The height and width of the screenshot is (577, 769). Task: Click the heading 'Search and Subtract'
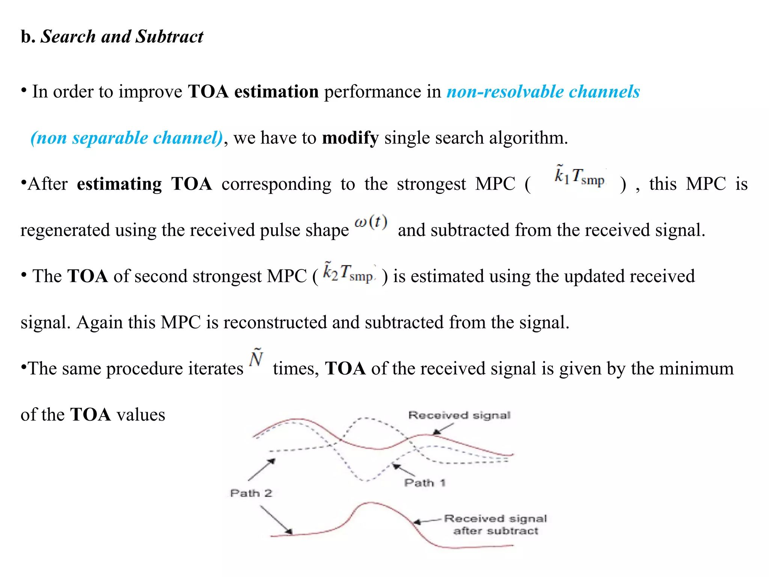pyautogui.click(x=122, y=37)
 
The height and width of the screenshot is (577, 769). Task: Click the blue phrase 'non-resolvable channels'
pyautogui.click(x=543, y=92)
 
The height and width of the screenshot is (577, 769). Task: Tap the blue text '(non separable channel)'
pyautogui.click(x=127, y=138)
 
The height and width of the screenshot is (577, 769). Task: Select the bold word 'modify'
pyautogui.click(x=350, y=138)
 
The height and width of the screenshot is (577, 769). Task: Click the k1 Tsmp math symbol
pyautogui.click(x=579, y=176)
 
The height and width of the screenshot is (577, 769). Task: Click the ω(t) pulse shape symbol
pyautogui.click(x=371, y=222)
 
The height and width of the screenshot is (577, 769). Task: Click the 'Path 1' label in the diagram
pyautogui.click(x=425, y=483)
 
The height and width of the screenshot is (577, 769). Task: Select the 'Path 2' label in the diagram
pyautogui.click(x=251, y=493)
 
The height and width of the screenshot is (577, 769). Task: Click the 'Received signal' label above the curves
pyautogui.click(x=459, y=415)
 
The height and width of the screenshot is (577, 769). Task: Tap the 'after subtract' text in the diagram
pyautogui.click(x=496, y=531)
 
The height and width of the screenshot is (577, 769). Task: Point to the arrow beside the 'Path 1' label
pyautogui.click(x=403, y=470)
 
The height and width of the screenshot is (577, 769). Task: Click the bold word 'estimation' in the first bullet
pyautogui.click(x=276, y=92)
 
